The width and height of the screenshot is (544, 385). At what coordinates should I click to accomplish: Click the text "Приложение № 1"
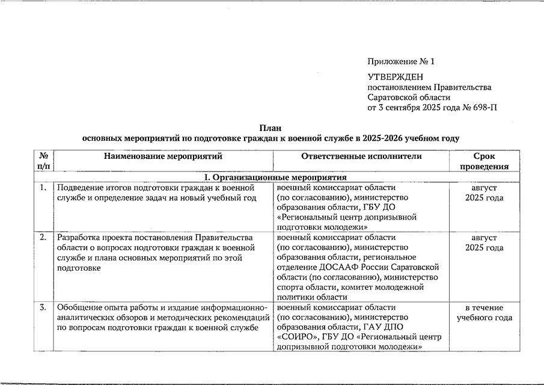point(400,62)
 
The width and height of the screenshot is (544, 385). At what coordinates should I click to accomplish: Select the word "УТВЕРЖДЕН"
point(395,77)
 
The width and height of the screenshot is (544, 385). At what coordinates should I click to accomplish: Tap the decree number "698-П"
point(484,108)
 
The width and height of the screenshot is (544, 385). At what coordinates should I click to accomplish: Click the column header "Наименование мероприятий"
point(163,156)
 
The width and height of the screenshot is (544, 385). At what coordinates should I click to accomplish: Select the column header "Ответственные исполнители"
point(361,156)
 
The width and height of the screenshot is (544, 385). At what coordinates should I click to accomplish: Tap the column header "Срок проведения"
point(484,161)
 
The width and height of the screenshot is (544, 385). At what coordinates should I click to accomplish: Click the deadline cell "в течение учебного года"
point(484,313)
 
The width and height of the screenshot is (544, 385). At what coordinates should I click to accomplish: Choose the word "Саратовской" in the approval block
point(392,97)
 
